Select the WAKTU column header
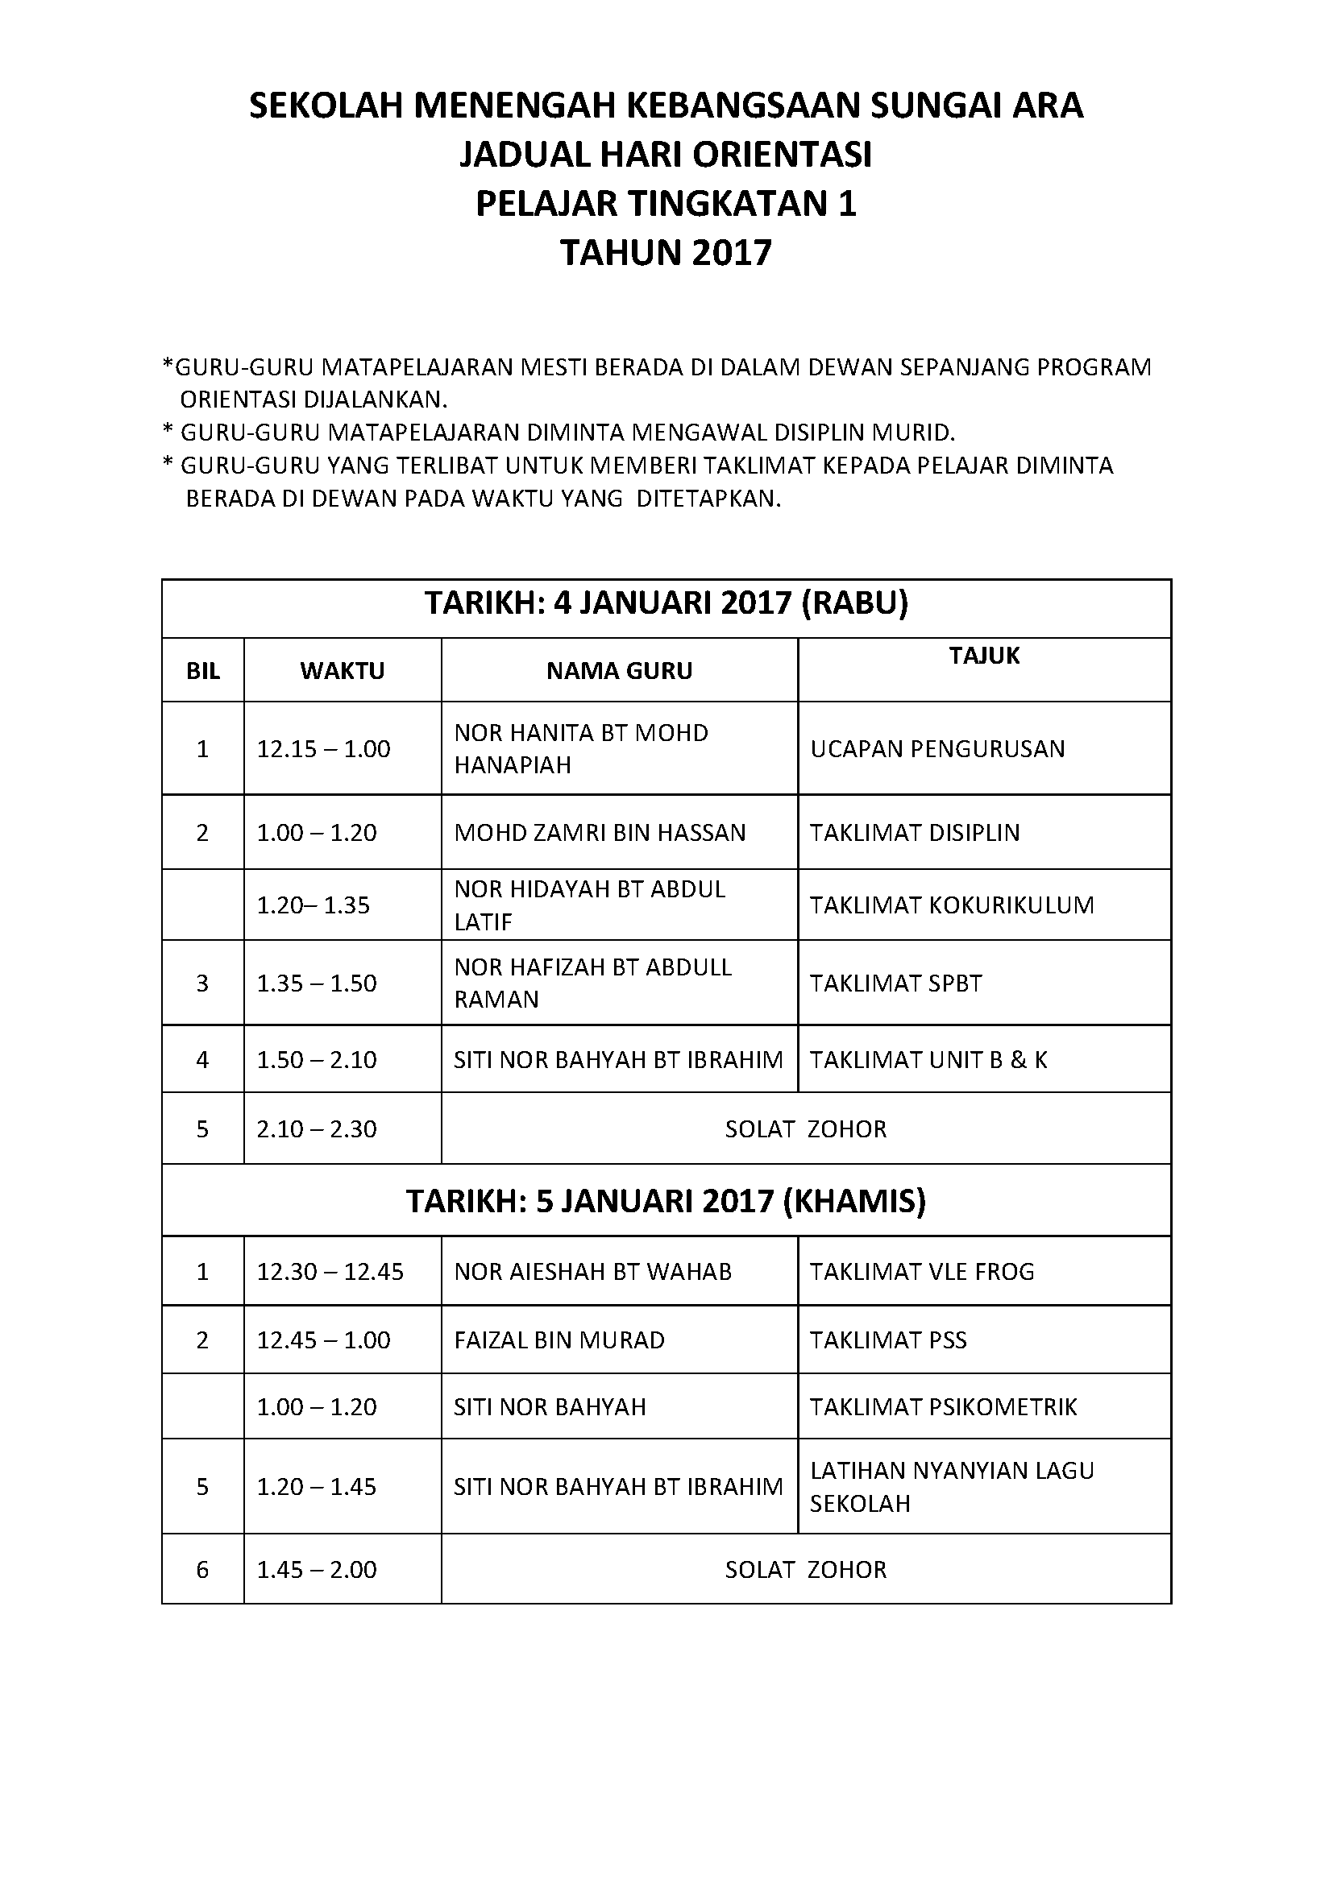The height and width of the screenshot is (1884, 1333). tap(343, 671)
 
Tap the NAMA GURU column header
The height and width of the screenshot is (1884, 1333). tap(620, 671)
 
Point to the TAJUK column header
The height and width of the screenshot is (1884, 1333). tap(984, 656)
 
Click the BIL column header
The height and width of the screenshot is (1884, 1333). tap(203, 671)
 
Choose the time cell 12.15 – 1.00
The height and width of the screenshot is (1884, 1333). tap(323, 748)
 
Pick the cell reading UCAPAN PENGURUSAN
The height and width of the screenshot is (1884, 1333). tap(937, 748)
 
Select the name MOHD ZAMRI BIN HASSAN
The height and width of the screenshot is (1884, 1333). tap(600, 833)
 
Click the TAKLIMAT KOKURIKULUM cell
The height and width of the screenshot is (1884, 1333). tap(952, 905)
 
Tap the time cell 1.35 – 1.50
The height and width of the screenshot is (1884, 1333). tap(317, 983)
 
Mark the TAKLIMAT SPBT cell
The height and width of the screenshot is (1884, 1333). tap(896, 983)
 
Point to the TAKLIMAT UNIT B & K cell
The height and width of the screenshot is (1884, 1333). tap(928, 1060)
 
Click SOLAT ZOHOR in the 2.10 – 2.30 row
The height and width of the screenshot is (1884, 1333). tap(805, 1129)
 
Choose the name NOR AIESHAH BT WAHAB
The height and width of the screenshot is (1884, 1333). tap(592, 1272)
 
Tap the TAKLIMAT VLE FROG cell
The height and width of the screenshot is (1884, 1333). tap(923, 1272)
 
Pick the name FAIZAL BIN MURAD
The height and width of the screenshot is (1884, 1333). tap(559, 1340)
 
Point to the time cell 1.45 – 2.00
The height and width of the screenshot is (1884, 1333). tap(317, 1570)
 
